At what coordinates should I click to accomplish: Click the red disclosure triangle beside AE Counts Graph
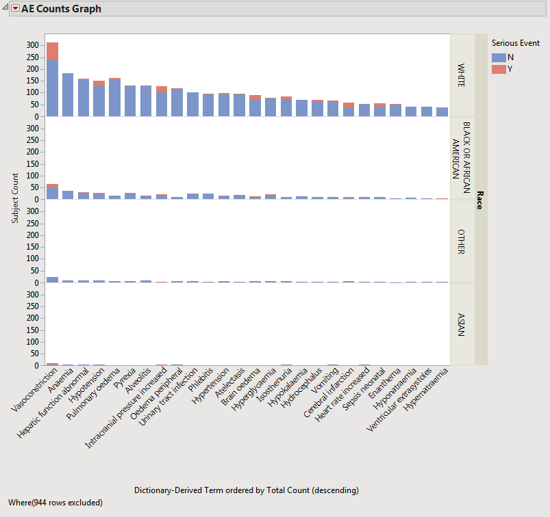15,9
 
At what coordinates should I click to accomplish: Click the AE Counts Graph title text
61,9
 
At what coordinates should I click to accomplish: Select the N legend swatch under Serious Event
499,57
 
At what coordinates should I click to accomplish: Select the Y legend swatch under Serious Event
499,69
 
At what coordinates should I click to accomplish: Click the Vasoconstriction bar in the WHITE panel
52,82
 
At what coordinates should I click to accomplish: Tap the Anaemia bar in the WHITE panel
68,95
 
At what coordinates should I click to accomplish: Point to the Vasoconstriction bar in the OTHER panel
52,279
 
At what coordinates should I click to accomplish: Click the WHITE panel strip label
462,75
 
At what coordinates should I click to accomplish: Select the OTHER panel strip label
462,241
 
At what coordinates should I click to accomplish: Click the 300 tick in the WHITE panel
33,45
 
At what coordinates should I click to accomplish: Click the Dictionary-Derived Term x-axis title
246,490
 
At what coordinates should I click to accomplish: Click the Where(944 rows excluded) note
55,503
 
